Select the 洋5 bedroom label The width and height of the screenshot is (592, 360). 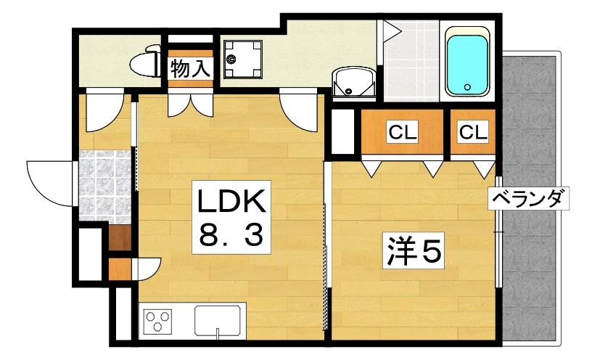tap(413, 252)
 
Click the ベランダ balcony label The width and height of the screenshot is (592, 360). tap(528, 197)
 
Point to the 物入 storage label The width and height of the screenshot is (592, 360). tap(191, 69)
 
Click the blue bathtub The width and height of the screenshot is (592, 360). tap(466, 63)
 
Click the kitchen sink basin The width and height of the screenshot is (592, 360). tap(218, 321)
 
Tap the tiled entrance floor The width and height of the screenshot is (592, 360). tap(106, 185)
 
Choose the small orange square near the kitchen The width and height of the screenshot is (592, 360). tap(118, 269)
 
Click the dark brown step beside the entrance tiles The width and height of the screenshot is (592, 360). tap(120, 238)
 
